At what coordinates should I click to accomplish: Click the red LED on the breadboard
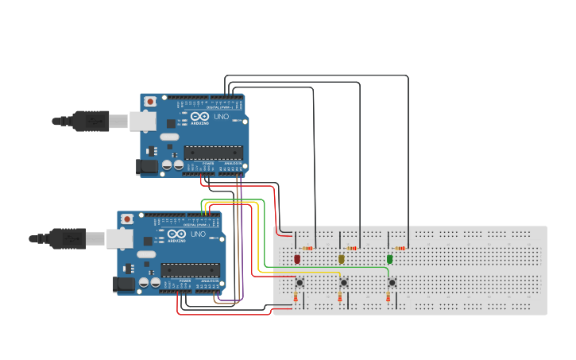point(297,259)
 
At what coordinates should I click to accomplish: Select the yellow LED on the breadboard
point(342,259)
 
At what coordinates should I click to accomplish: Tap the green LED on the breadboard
point(389,259)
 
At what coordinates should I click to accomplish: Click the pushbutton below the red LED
point(300,282)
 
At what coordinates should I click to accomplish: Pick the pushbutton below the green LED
point(392,282)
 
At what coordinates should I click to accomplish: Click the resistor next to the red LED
point(307,248)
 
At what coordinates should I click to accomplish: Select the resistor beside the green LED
point(400,248)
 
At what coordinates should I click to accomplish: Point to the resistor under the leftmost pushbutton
point(296,298)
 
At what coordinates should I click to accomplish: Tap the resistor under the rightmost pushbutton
point(389,298)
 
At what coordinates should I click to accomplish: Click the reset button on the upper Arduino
point(150,102)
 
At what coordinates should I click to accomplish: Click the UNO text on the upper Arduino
point(221,117)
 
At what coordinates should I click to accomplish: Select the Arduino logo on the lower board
point(176,235)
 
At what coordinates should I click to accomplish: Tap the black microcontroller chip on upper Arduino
point(211,152)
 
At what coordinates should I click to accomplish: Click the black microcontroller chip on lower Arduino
point(188,269)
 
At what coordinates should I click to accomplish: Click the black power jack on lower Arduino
point(124,284)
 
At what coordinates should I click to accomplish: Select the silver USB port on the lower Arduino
point(120,238)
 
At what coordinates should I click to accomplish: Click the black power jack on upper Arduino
point(147,166)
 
